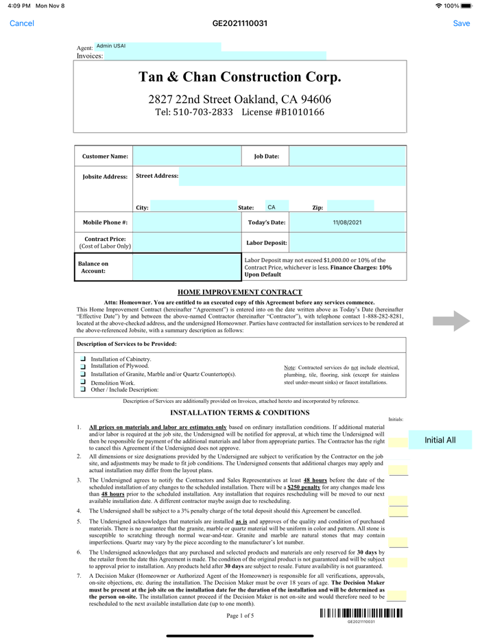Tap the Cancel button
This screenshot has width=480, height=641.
click(22, 23)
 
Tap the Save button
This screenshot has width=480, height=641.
click(461, 23)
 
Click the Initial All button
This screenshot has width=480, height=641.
click(440, 440)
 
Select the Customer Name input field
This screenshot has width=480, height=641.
click(187, 156)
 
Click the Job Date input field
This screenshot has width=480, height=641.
click(348, 156)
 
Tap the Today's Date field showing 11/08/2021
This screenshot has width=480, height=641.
click(348, 222)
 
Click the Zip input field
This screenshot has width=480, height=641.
click(350, 207)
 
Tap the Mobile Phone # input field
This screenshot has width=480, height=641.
click(187, 222)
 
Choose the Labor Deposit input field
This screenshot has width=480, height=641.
click(348, 242)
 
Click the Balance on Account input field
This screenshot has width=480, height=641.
click(187, 267)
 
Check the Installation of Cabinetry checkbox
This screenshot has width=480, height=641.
click(83, 359)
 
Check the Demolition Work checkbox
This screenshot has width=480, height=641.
click(83, 382)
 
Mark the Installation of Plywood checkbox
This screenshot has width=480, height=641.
click(83, 366)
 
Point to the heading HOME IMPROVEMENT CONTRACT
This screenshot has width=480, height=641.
click(240, 292)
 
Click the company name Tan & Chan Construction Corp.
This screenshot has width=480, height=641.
click(240, 77)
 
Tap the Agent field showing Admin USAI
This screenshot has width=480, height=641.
click(158, 47)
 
